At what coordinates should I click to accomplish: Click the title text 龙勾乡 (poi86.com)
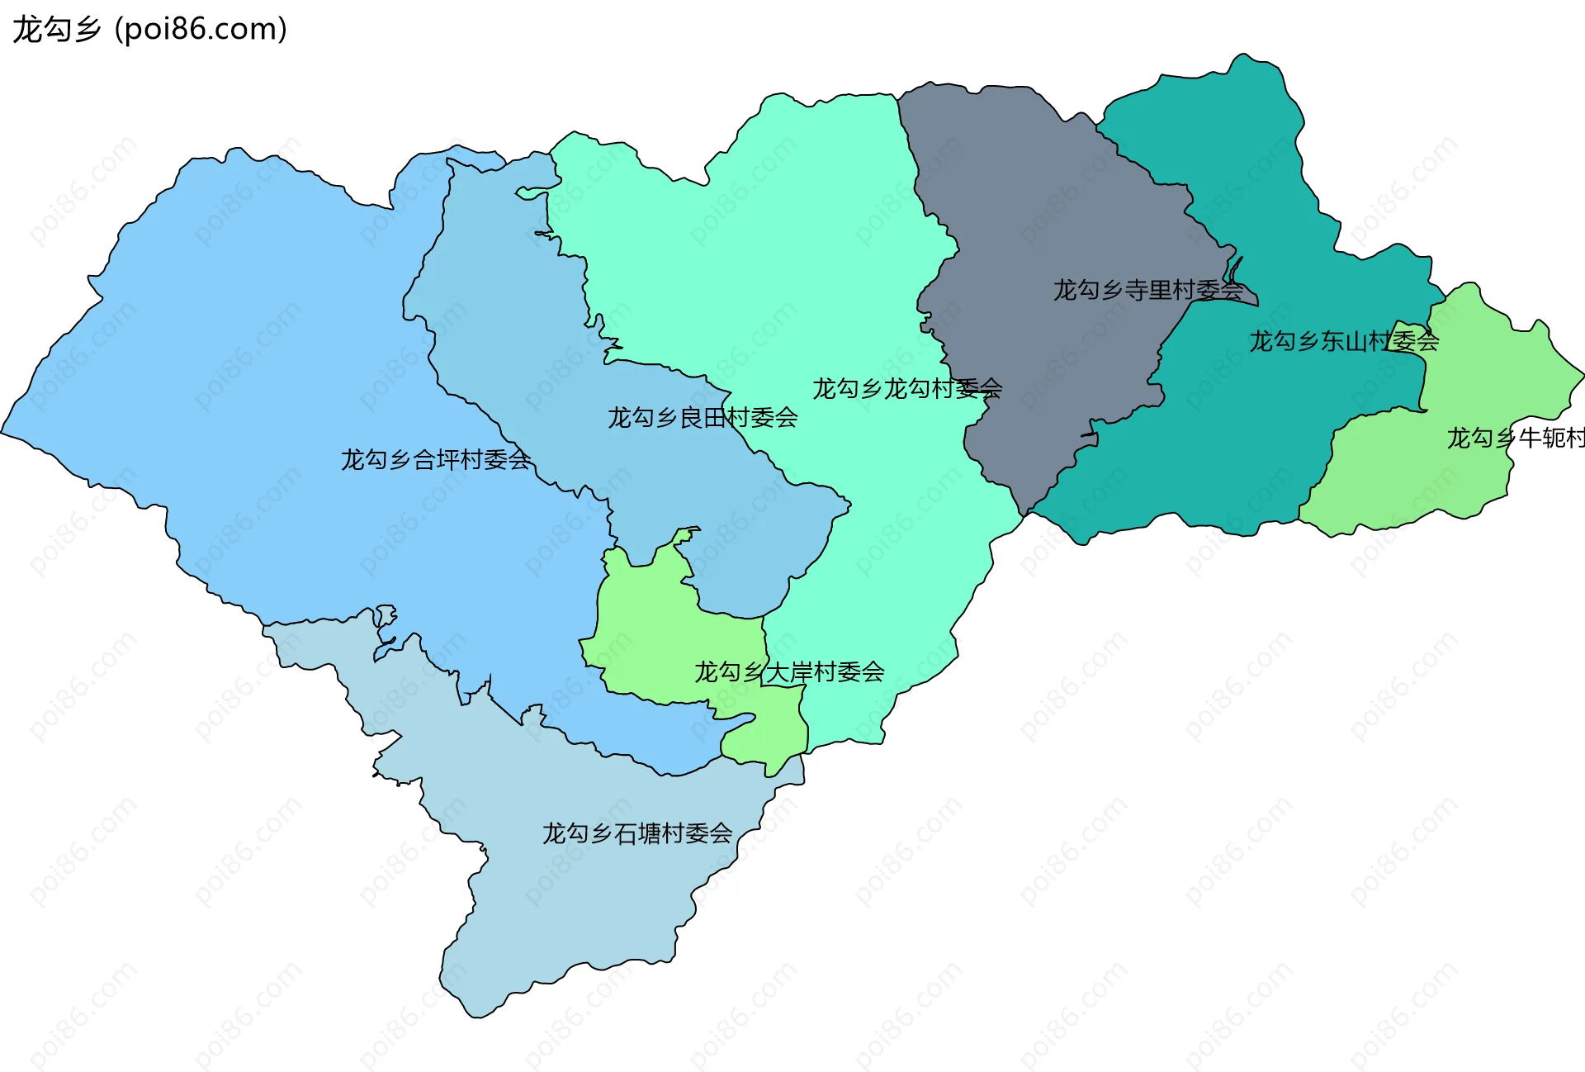coord(149,29)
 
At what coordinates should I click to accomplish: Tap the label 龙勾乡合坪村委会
coord(435,459)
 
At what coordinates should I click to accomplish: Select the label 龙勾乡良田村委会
coord(703,417)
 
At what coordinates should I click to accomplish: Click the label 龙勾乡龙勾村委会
coord(906,388)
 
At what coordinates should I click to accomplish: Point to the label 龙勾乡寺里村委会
coord(1147,290)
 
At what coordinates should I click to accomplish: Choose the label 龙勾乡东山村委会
coord(1344,340)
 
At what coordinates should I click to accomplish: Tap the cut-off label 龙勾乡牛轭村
coord(1515,437)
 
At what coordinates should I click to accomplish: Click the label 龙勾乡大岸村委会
coord(789,671)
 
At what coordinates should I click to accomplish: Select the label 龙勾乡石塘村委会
coord(637,832)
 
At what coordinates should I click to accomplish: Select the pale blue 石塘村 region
coord(578,892)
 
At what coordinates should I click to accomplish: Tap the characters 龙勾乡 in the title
coord(56,29)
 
